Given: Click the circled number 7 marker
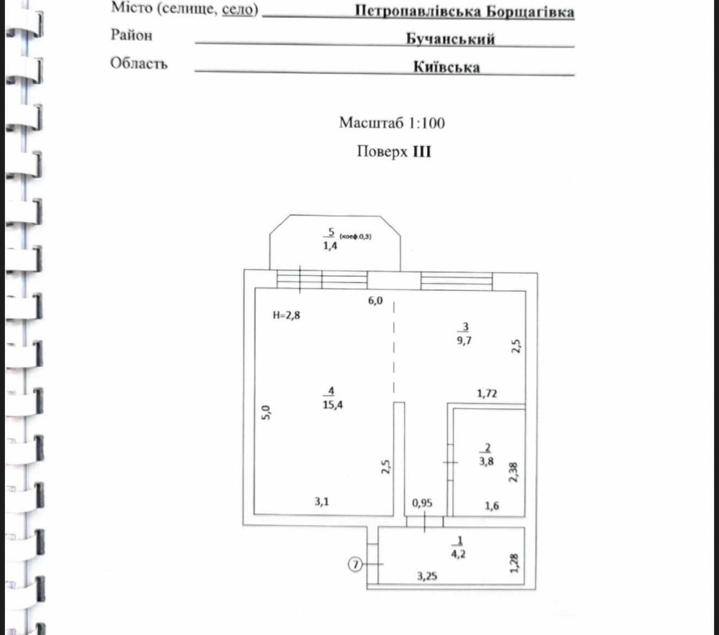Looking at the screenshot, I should click(354, 565).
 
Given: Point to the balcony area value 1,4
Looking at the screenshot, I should click(331, 246).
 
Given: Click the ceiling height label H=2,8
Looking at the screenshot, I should click(288, 315).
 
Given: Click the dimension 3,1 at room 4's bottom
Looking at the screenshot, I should click(322, 502).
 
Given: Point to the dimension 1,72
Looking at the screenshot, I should click(489, 393).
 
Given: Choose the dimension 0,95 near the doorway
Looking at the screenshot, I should click(422, 503).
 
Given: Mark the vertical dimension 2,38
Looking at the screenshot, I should click(513, 471).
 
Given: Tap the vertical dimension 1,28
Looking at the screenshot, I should click(513, 562).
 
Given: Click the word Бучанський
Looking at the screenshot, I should click(450, 39).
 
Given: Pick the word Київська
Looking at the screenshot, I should click(446, 67).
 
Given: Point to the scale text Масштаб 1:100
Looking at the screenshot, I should click(392, 123).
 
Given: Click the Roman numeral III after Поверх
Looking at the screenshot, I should click(421, 152).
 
